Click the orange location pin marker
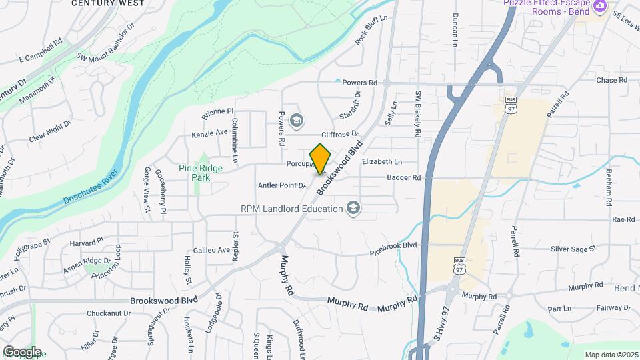[321, 159]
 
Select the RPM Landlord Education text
[291, 209]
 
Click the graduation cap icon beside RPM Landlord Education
[353, 209]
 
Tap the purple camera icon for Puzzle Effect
[600, 5]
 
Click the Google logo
[22, 351]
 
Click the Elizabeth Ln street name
[381, 162]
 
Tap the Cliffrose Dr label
[340, 135]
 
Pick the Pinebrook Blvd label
[393, 245]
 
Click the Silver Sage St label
[573, 249]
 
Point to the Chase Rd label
[612, 80]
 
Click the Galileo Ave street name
[211, 251]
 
